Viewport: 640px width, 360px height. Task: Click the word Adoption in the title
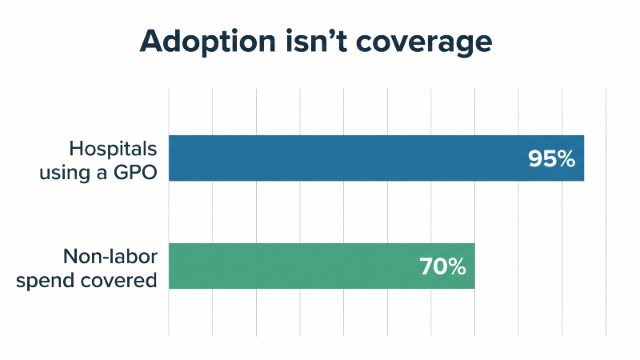click(x=208, y=42)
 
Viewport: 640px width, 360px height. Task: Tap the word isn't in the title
click(x=316, y=41)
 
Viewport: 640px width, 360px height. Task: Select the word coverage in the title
click(x=424, y=43)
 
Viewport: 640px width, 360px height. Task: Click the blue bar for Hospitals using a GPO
click(x=376, y=158)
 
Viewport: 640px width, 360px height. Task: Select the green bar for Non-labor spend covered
click(x=322, y=266)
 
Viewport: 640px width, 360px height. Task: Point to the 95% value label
click(x=551, y=158)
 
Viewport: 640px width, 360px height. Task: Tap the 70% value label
click(x=443, y=267)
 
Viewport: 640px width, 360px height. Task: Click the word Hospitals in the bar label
click(x=113, y=149)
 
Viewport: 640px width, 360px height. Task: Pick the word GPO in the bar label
click(x=135, y=173)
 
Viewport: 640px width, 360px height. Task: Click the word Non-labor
click(x=110, y=257)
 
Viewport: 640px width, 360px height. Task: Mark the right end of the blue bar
click(x=584, y=158)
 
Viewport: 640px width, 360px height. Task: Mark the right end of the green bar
click(x=474, y=266)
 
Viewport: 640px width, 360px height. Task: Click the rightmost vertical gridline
click(x=606, y=213)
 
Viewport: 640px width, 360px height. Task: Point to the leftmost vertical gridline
click(x=169, y=213)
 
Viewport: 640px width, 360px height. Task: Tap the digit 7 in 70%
click(x=426, y=267)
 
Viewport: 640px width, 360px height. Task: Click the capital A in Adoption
click(x=153, y=42)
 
